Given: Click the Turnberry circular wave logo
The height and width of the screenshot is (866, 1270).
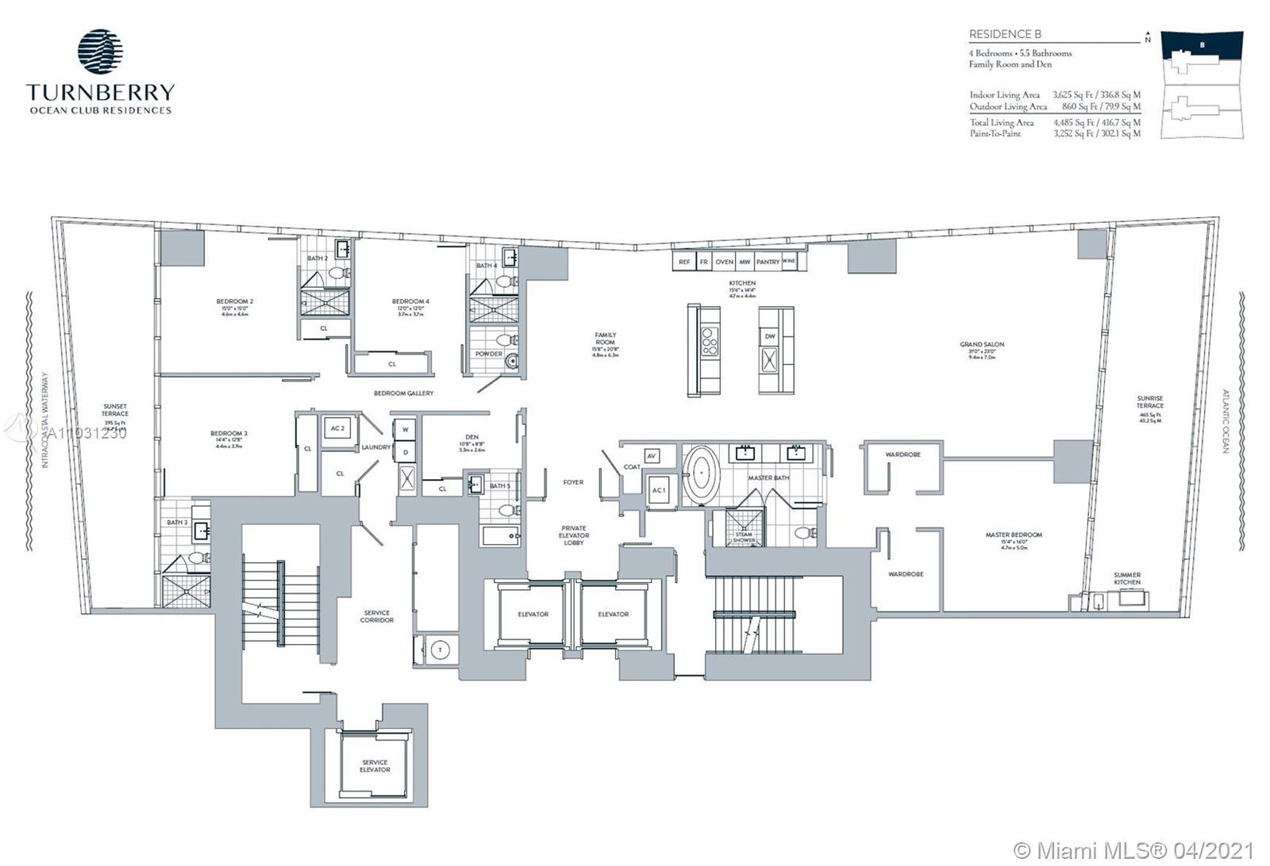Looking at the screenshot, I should [x=100, y=52].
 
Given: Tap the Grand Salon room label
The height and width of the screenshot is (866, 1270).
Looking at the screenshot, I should [x=982, y=345].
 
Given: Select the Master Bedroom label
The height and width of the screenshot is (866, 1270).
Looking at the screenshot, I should [x=1014, y=535].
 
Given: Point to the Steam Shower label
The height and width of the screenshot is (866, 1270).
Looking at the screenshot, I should [x=743, y=537].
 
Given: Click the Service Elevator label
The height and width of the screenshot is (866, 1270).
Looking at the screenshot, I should [x=375, y=765].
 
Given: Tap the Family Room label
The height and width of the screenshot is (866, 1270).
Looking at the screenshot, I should [x=606, y=339].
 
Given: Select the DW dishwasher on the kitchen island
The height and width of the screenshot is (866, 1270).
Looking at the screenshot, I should [x=770, y=336].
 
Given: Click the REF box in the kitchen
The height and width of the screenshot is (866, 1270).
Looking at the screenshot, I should [x=683, y=262].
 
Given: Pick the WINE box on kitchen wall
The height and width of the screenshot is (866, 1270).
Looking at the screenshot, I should [x=788, y=262].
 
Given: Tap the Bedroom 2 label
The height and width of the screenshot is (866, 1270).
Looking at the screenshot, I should [x=235, y=301].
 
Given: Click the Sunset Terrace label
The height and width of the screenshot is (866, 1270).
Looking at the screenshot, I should [x=115, y=410].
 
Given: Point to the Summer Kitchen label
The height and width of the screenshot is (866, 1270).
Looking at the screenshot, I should [x=1126, y=578].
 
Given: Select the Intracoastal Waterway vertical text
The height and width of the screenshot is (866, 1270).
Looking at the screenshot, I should [x=45, y=421].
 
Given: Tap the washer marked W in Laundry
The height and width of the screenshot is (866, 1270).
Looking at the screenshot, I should [x=405, y=429].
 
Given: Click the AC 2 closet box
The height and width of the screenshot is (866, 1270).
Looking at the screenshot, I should [x=337, y=429].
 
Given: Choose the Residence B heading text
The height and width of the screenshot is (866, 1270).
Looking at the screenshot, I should [x=1005, y=35].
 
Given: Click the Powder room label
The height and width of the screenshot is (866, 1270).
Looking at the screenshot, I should [x=488, y=354].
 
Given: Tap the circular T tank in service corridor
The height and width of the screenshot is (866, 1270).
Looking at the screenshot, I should [x=439, y=649].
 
